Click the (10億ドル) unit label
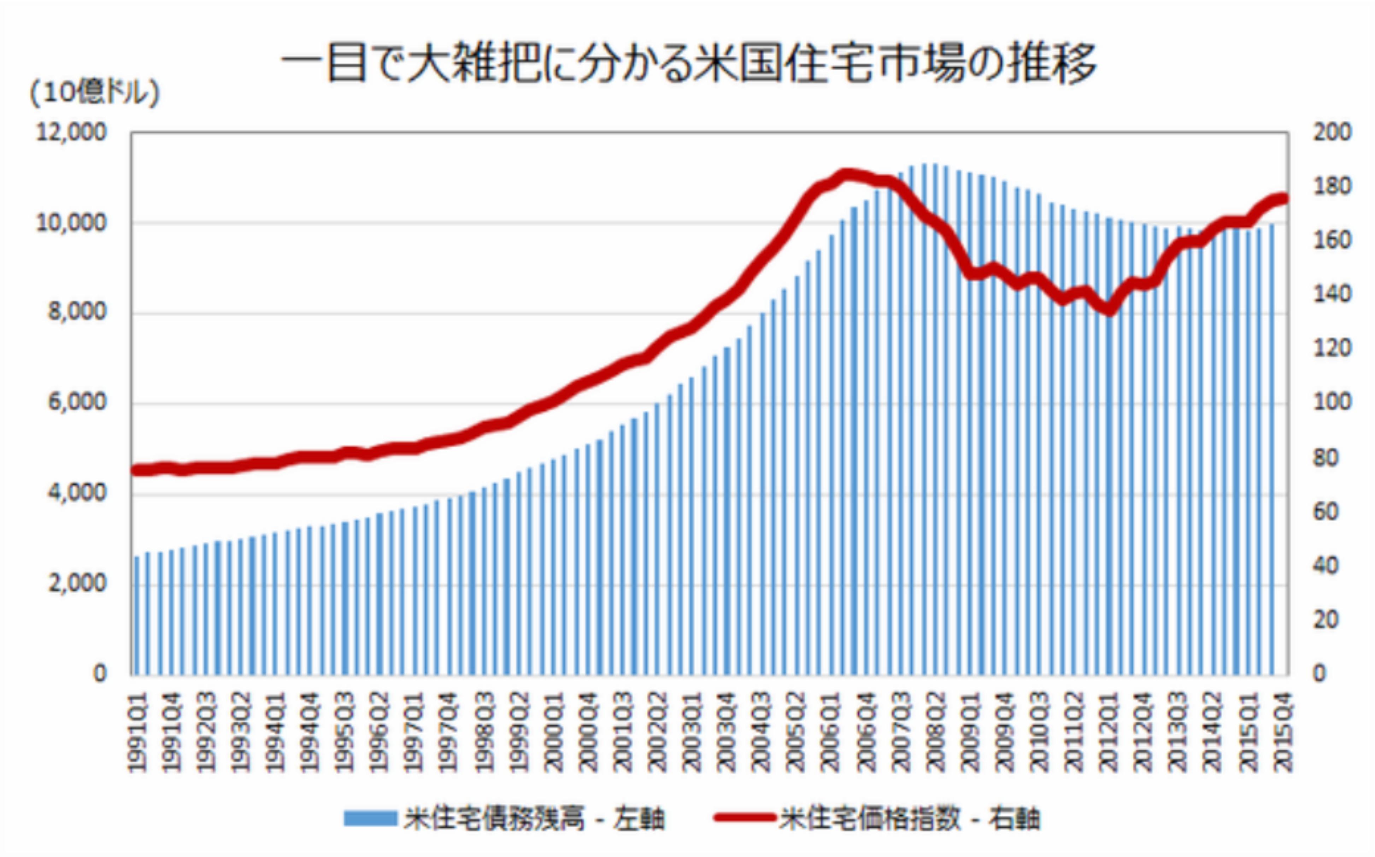pos(94,92)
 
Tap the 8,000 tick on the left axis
pos(77,312)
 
